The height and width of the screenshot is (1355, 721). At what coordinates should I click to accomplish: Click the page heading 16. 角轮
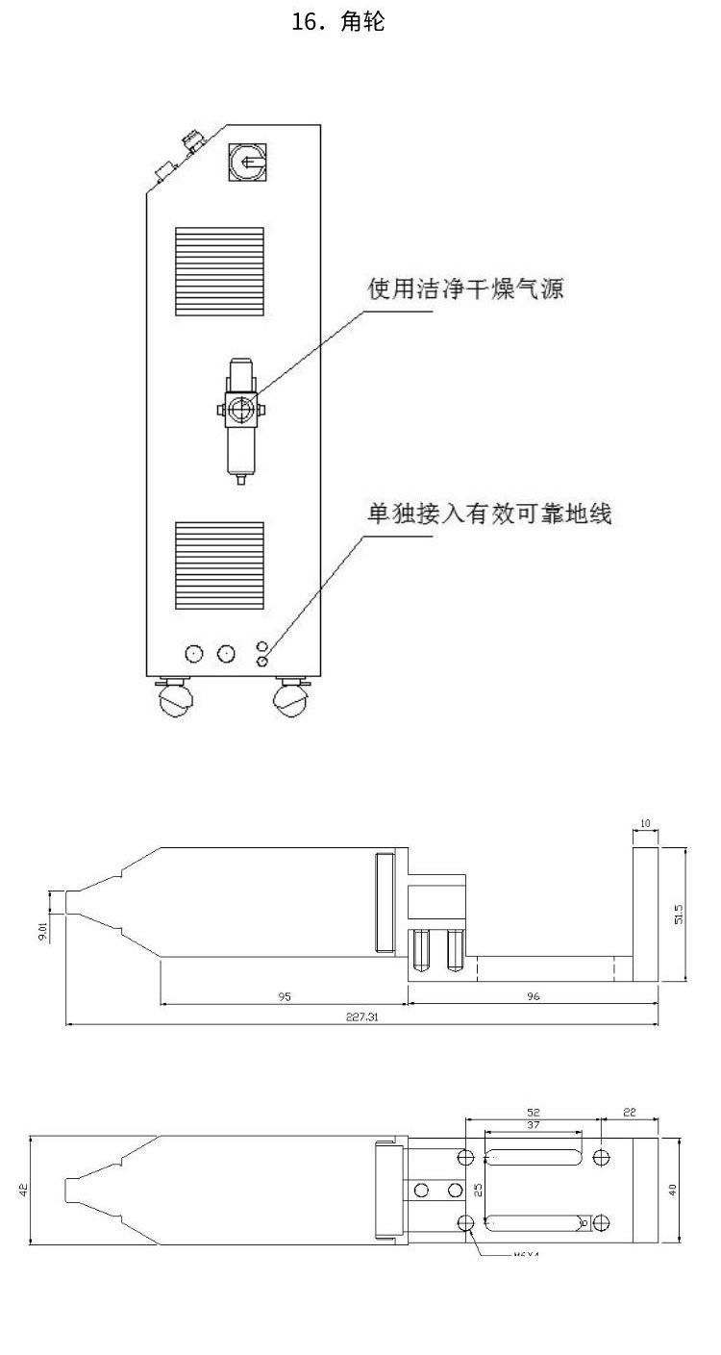(x=337, y=22)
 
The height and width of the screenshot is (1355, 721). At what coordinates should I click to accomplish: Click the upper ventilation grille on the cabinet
(x=219, y=272)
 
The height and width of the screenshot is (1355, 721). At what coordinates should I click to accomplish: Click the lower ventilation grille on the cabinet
(x=219, y=566)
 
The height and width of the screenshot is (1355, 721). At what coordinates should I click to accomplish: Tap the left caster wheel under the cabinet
(x=174, y=699)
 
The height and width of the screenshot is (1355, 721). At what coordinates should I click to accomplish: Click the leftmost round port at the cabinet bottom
(x=194, y=653)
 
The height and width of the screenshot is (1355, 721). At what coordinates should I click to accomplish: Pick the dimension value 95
(x=285, y=996)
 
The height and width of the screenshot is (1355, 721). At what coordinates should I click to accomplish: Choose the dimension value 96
(x=533, y=996)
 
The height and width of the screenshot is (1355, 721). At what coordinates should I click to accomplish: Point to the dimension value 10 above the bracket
(x=645, y=823)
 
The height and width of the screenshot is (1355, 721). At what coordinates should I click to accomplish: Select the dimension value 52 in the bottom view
(x=535, y=1112)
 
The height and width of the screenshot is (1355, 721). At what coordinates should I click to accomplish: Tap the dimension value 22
(x=630, y=1112)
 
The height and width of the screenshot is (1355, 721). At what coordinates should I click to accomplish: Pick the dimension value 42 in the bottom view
(x=23, y=1189)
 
